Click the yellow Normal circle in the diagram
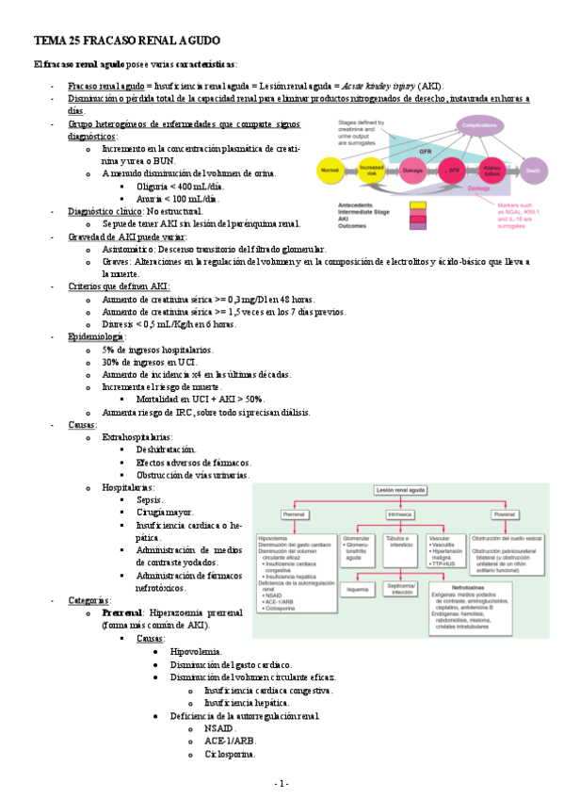[330, 171]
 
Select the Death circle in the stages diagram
[534, 171]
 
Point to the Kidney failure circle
[492, 171]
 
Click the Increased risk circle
[371, 171]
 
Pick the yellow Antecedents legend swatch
[417, 204]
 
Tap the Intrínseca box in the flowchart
[400, 514]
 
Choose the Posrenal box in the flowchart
[505, 514]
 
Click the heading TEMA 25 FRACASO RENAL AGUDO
[127, 42]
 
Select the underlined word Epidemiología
[97, 337]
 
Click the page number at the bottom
[282, 784]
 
